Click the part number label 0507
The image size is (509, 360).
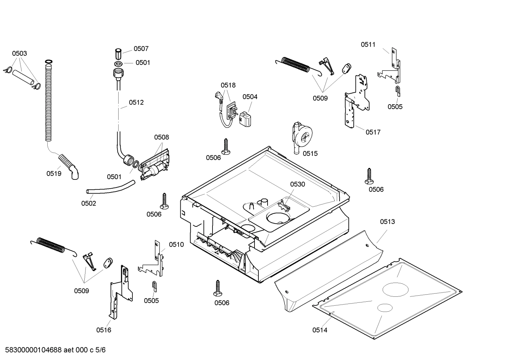[141, 49]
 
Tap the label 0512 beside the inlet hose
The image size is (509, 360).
[136, 102]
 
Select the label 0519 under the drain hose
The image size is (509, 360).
[54, 173]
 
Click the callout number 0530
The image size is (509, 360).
[298, 184]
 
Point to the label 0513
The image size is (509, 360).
[387, 222]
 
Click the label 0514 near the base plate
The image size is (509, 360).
[319, 330]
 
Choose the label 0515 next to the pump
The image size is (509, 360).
[310, 153]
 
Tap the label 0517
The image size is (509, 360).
[373, 132]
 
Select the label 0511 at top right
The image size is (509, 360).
[368, 45]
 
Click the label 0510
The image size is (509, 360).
[176, 244]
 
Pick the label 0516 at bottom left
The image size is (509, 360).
[103, 330]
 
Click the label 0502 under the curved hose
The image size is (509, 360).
[89, 203]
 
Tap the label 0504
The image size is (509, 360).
[250, 97]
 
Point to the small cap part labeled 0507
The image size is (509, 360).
[119, 54]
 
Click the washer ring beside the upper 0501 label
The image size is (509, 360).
[119, 64]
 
